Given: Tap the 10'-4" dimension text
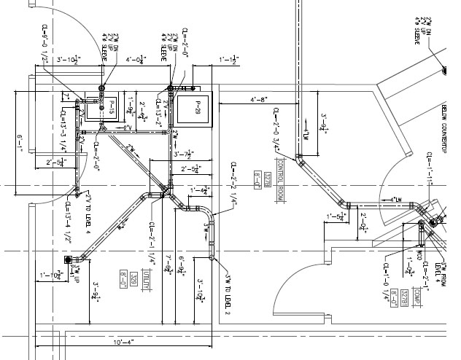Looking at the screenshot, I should click(x=123, y=341).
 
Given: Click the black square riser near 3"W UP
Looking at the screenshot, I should click(x=68, y=259).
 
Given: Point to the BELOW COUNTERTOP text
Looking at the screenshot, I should click(x=442, y=128).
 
